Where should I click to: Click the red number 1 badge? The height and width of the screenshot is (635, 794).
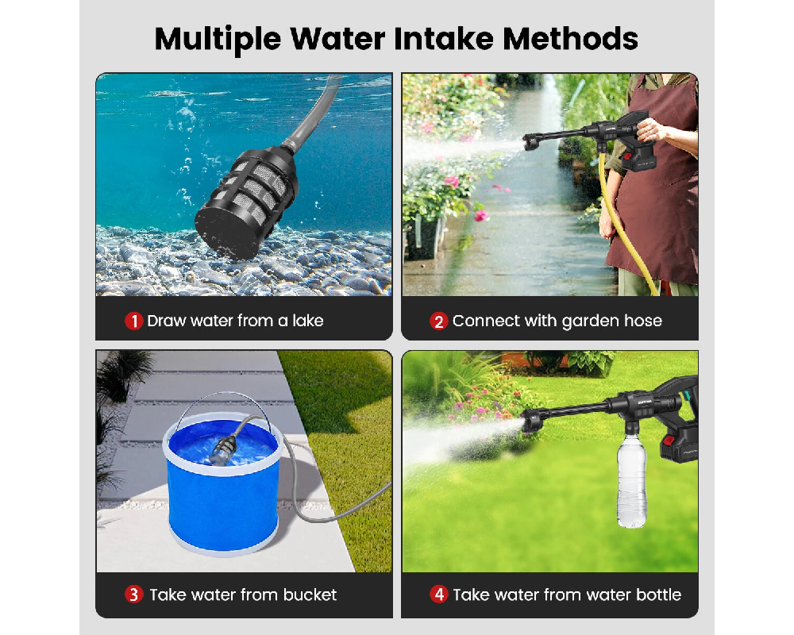133,321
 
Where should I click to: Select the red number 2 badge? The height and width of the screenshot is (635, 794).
438,321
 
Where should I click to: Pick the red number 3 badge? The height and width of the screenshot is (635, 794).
134,595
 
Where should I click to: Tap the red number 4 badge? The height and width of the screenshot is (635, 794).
439,595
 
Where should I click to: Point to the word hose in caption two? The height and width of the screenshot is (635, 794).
642,321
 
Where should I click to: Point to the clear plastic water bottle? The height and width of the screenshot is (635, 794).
632,484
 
